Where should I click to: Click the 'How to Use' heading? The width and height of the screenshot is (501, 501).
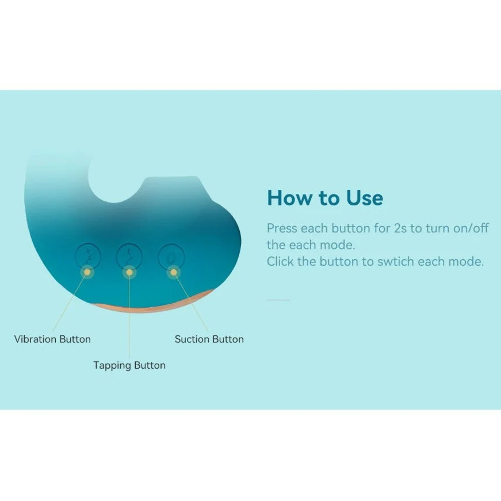pos(325,198)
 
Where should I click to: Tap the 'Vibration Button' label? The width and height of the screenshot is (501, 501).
pos(52,339)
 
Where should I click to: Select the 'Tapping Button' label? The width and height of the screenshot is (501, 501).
pos(129,365)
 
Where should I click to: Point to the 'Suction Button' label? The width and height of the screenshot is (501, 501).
pos(209,339)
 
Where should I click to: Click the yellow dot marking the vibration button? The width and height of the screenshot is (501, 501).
pos(87,272)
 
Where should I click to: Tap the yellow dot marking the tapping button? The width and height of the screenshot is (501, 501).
pos(129,272)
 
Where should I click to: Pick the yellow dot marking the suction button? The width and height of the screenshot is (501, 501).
pos(174,272)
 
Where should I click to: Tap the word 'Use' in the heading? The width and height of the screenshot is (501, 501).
pos(365,198)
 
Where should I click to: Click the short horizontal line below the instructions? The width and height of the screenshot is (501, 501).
pos(278,300)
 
